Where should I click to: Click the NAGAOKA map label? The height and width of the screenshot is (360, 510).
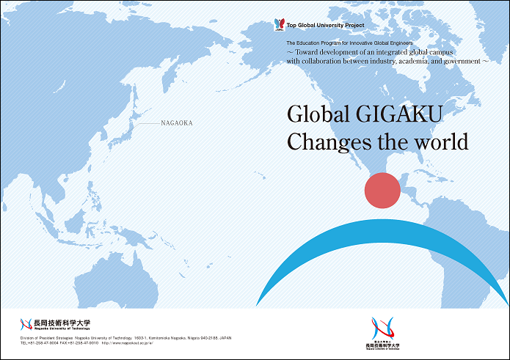pyautogui.click(x=176, y=123)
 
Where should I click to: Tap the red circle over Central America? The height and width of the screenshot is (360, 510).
pyautogui.click(x=382, y=189)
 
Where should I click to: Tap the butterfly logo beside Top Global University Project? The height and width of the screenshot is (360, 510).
pyautogui.click(x=279, y=25)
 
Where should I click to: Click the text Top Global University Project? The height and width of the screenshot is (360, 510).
pyautogui.click(x=325, y=26)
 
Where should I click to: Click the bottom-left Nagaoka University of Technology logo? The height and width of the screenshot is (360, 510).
pyautogui.click(x=56, y=324)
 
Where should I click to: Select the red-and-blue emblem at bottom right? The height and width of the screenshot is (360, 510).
pyautogui.click(x=382, y=328)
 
